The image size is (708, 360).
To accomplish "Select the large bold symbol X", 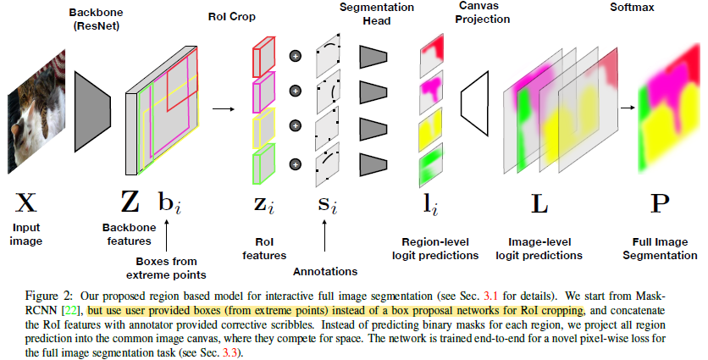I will click(x=27, y=203).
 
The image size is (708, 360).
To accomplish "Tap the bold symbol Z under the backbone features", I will click(x=130, y=203).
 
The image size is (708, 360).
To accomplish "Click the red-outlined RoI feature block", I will click(x=263, y=56).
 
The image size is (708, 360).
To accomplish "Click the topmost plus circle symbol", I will click(x=296, y=56).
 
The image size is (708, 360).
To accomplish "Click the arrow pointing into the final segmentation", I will click(x=627, y=108).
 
